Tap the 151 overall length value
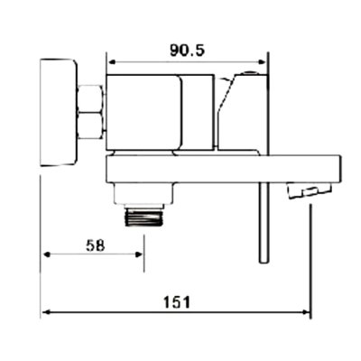click(x=177, y=302)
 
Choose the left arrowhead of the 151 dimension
click(x=47, y=314)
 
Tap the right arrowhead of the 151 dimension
click(x=308, y=314)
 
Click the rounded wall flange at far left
click(x=58, y=113)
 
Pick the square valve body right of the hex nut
click(x=144, y=113)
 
